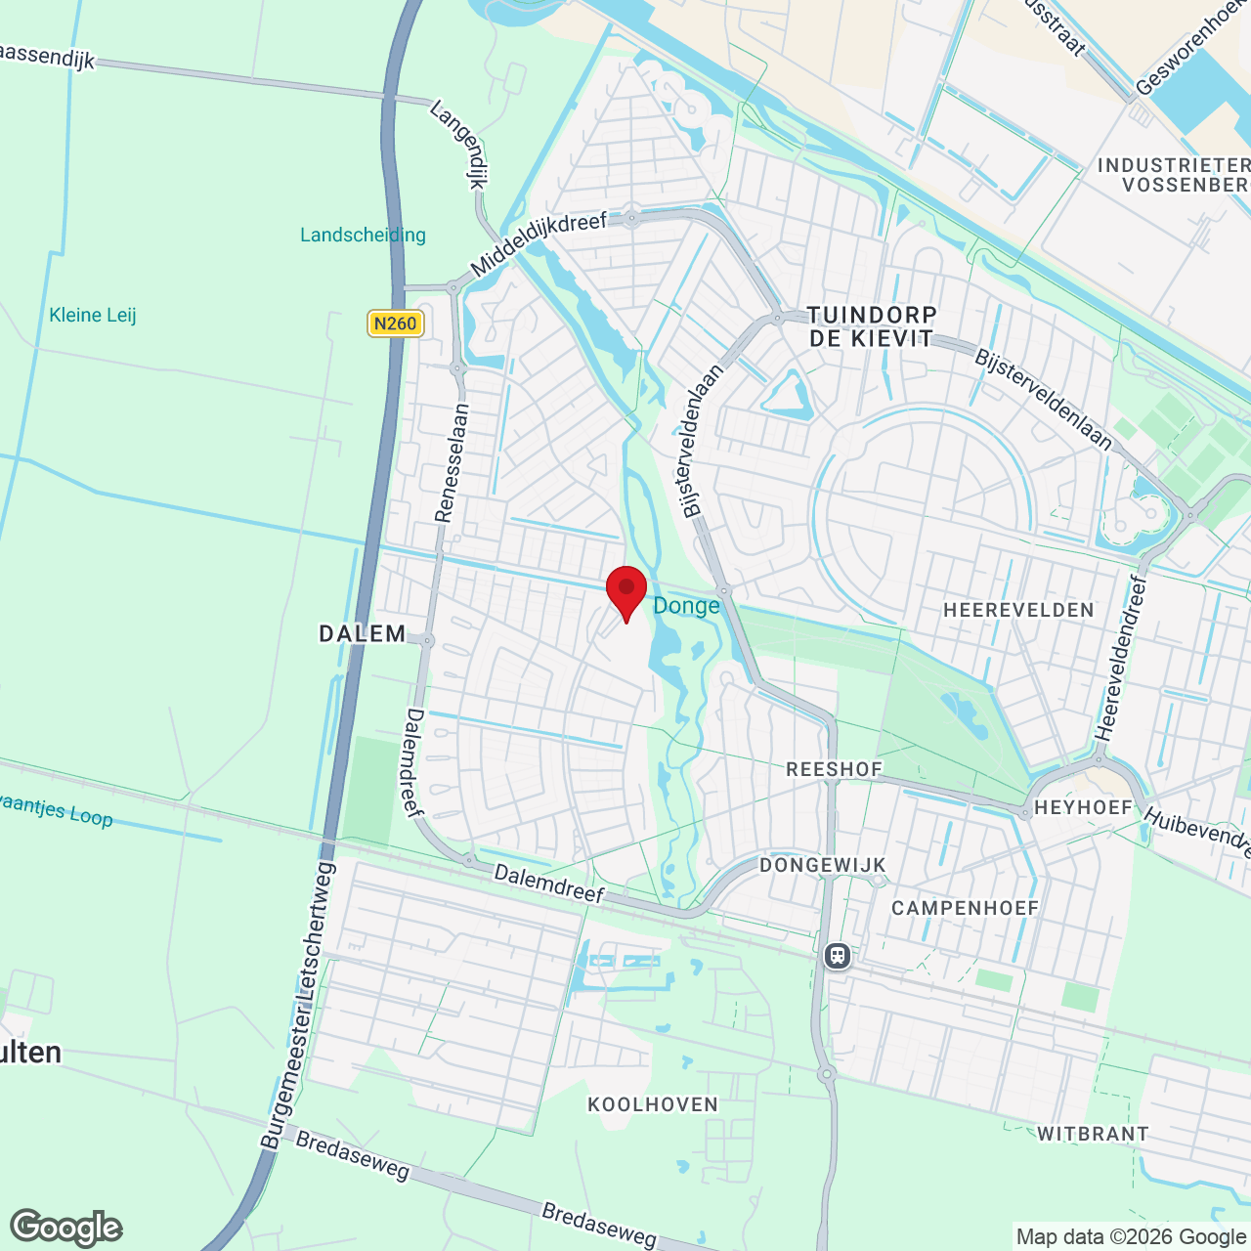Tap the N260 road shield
[396, 324]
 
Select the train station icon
[838, 955]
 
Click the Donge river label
[686, 606]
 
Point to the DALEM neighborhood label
[363, 633]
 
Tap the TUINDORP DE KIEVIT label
[872, 326]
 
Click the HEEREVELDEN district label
[1018, 611]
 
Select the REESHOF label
[835, 770]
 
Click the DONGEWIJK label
[823, 865]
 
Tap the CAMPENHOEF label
[965, 908]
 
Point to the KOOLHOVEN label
[653, 1104]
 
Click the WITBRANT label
[1093, 1134]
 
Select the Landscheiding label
[363, 235]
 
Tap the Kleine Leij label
[93, 315]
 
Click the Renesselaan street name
[453, 463]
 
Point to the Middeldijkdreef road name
[538, 244]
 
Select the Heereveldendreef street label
[1121, 658]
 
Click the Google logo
[66, 1228]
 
